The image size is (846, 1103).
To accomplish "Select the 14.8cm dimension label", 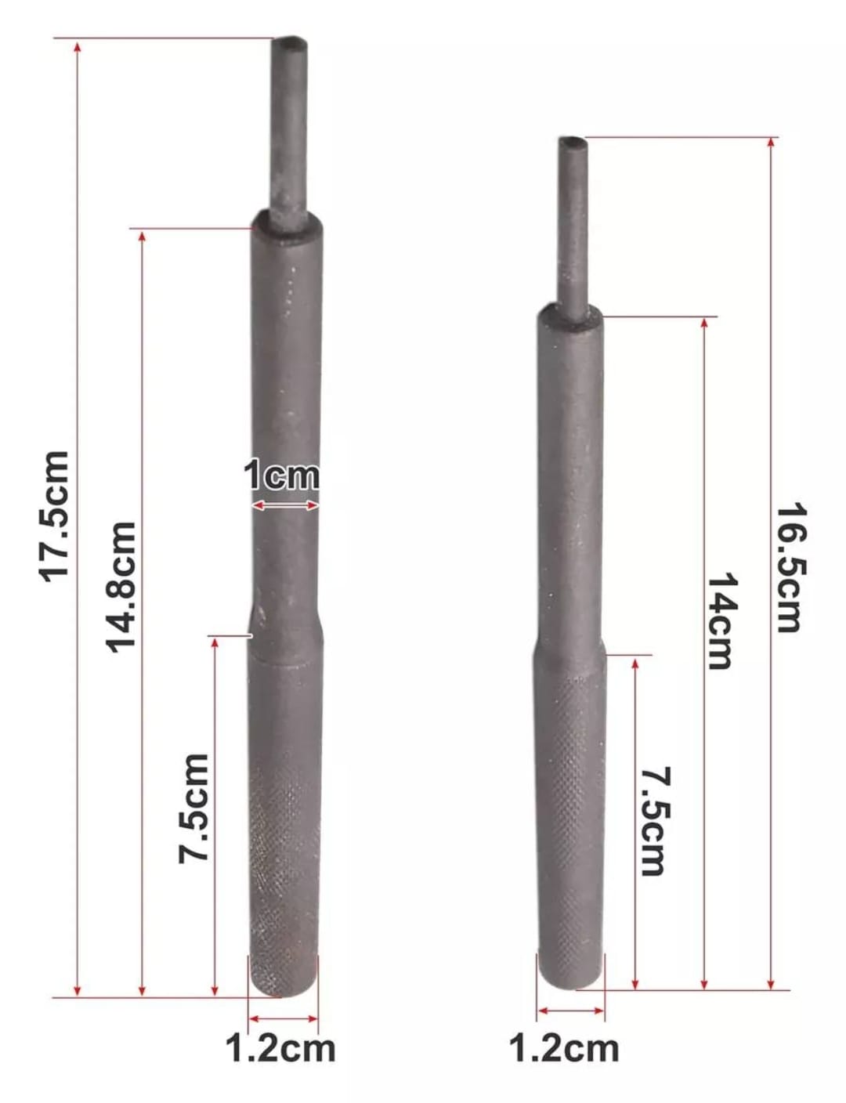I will coord(121,586).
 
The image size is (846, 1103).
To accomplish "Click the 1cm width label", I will coord(281,476).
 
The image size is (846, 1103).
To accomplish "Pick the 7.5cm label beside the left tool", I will coord(194,808).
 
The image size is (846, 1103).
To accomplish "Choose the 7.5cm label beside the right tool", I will coord(654,821).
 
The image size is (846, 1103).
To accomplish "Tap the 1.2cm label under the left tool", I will coord(280,1048).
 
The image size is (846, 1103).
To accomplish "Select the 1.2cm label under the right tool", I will coord(563,1048).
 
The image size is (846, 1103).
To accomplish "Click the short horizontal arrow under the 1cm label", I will coord(284,506).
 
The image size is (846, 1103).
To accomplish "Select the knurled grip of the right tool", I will coord(571,823).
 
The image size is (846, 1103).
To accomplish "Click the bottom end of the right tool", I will coord(571,983).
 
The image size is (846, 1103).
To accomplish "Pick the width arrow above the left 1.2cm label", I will coord(283,1018).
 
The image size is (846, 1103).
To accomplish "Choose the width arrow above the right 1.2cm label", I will coord(571,1011).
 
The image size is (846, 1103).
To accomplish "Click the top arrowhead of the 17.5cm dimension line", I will coord(77,47).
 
